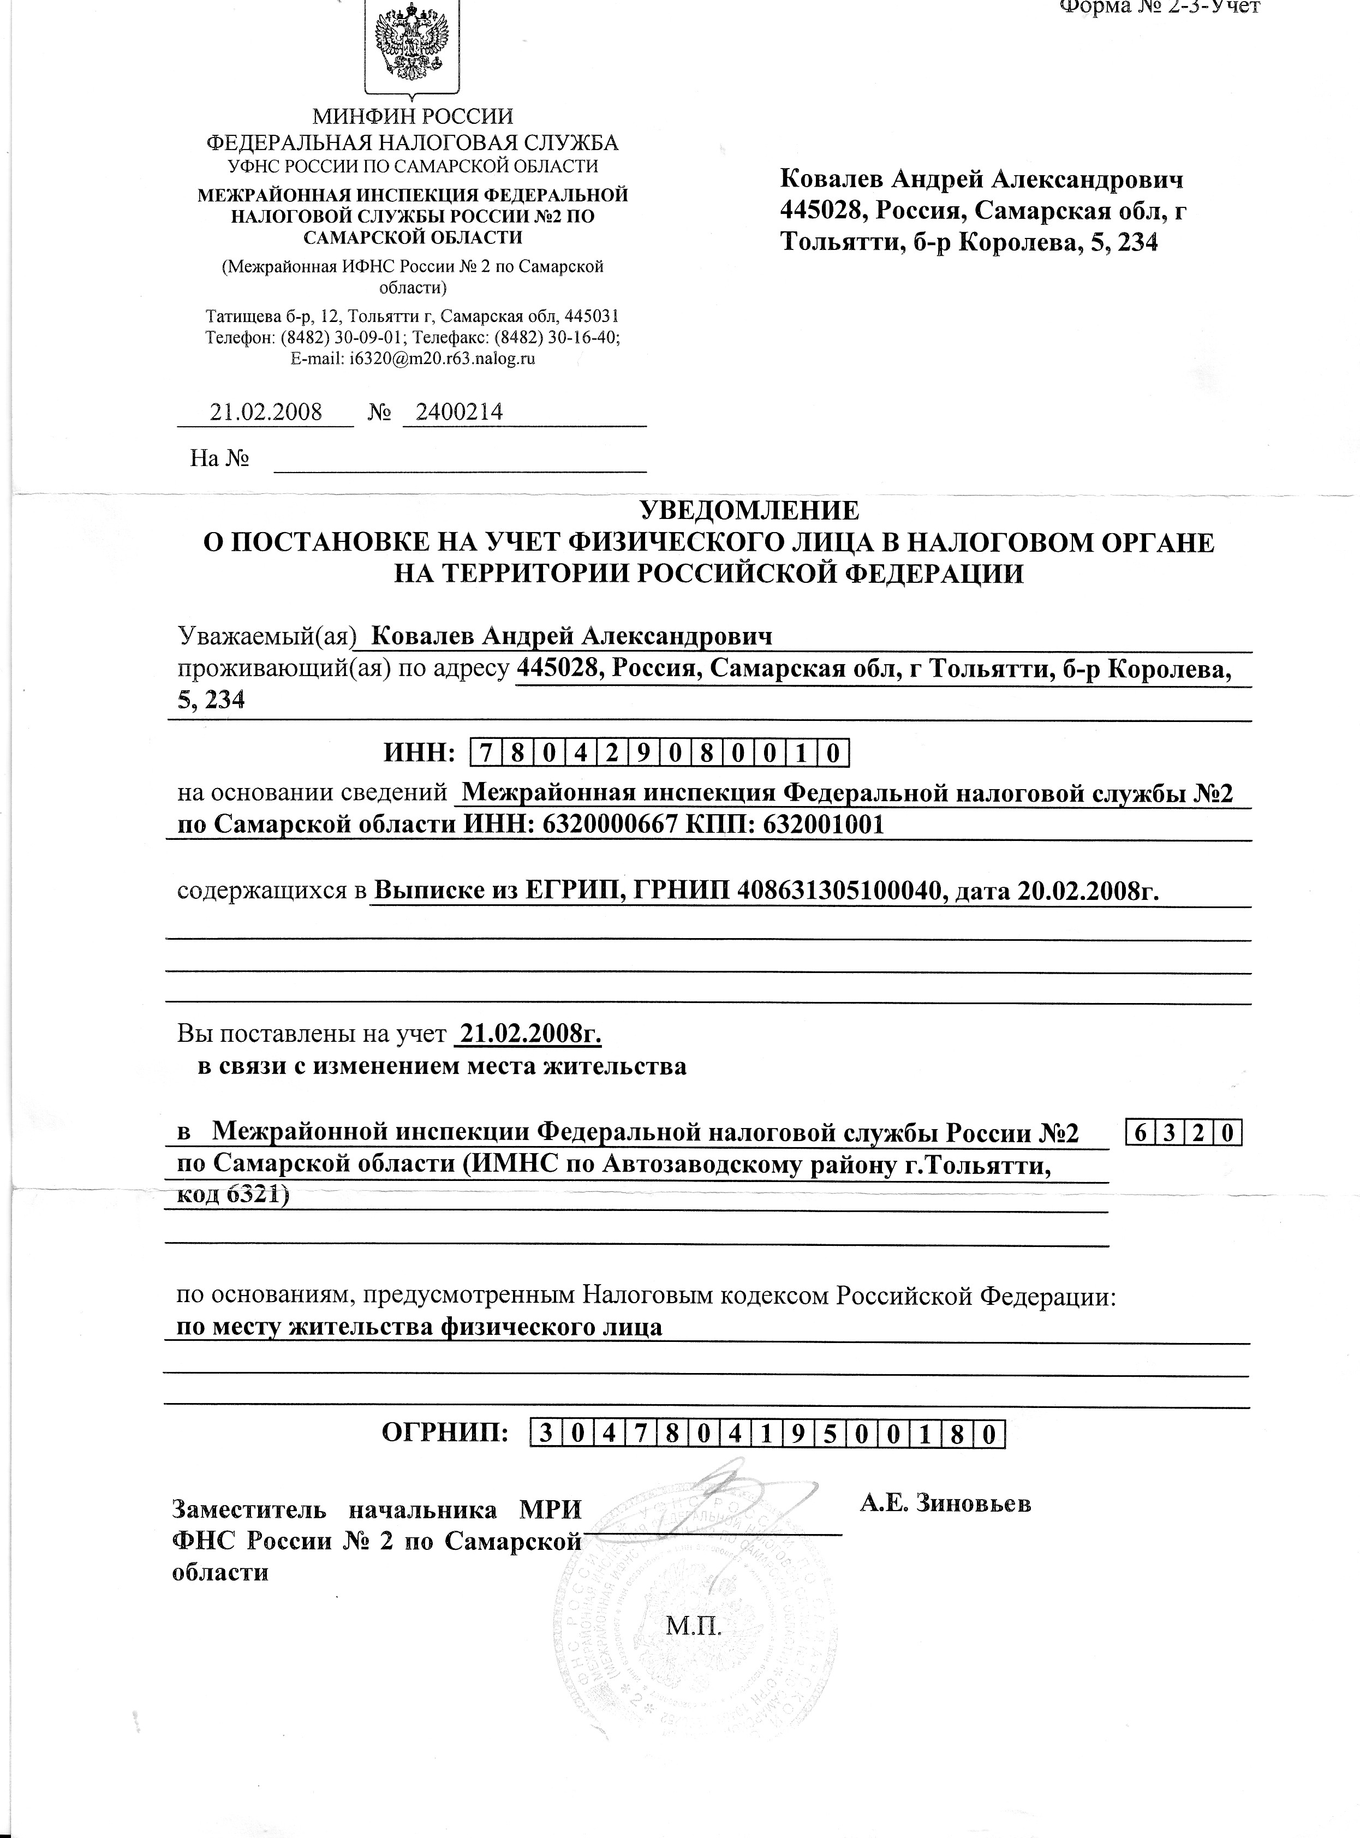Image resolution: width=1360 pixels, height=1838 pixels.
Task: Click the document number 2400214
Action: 460,411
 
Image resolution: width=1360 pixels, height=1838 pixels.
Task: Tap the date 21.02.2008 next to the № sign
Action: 266,411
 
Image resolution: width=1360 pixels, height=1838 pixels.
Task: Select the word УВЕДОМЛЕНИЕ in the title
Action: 749,510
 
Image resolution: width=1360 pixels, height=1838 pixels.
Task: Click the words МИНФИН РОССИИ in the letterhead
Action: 411,117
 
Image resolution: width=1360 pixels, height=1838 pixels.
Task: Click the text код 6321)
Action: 234,1195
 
